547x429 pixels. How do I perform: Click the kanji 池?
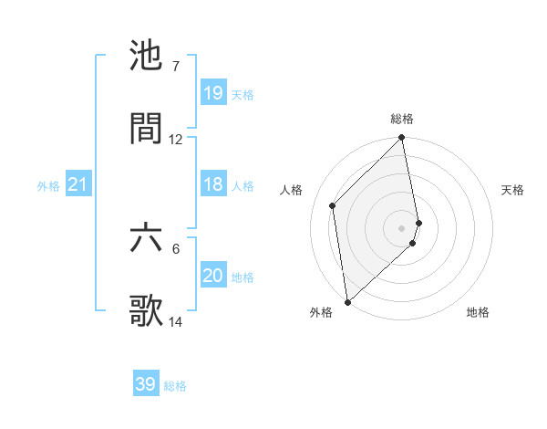tap(146, 57)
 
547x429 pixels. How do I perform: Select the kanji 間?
tap(146, 129)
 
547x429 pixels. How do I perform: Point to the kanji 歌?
tap(146, 311)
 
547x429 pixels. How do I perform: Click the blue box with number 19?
tap(212, 92)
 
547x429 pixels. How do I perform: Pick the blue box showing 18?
tap(212, 184)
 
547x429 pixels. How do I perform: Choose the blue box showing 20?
tap(212, 276)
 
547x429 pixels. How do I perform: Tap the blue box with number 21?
tap(78, 184)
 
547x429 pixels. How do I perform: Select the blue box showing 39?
tap(146, 384)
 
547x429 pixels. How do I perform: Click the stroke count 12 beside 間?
tap(176, 140)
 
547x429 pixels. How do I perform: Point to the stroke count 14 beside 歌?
tap(176, 322)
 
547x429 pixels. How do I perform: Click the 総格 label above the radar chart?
tap(402, 119)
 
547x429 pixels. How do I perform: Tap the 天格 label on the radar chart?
tap(513, 190)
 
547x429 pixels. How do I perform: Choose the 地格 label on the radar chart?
tap(478, 312)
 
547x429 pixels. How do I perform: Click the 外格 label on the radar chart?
tap(320, 312)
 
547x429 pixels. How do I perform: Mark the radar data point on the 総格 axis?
tap(402, 139)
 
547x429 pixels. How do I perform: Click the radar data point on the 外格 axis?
tap(347, 301)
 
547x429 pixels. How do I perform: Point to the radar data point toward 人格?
tap(333, 205)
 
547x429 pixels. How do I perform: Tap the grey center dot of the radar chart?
tap(402, 227)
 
